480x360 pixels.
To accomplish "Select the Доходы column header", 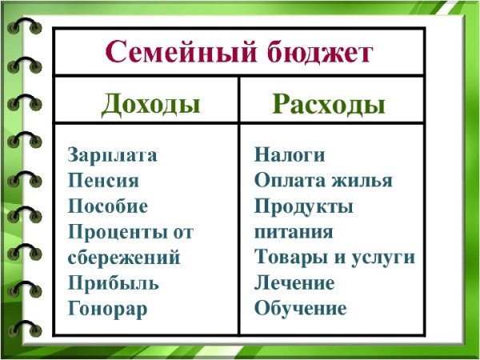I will [x=150, y=103].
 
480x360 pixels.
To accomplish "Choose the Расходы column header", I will [x=329, y=105].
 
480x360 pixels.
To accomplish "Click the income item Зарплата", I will [x=113, y=155].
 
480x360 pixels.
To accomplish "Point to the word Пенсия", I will [x=103, y=181].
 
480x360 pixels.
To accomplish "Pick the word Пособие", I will [x=108, y=206].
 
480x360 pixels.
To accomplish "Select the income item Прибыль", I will [x=114, y=283].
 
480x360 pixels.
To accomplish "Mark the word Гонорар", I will [x=108, y=309].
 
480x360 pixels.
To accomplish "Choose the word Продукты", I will [x=304, y=206].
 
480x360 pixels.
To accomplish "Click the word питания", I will [x=294, y=232].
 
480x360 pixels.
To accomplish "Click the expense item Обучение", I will [x=300, y=309].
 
